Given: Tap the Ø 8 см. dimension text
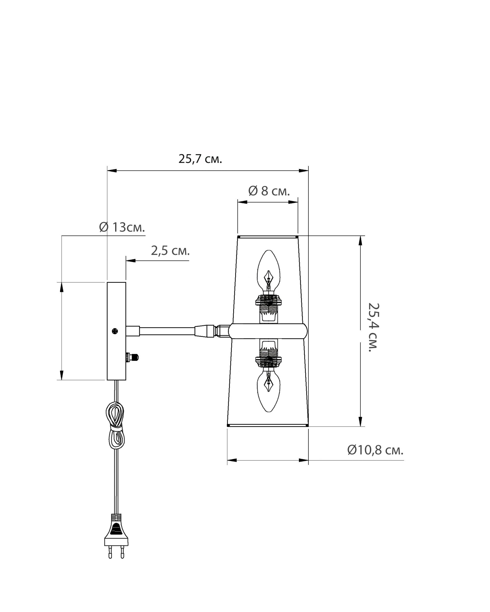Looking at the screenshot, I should coord(269,191).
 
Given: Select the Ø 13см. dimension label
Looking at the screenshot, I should coord(122,227).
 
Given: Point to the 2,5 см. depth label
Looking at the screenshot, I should coord(170,251).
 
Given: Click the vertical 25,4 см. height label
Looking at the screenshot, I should coord(373,327).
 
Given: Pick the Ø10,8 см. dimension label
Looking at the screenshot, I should coord(375,450).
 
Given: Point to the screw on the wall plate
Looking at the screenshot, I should coord(115,331).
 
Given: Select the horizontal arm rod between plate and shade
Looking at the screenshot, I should coord(167,331).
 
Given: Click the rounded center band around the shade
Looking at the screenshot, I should coord(268,331).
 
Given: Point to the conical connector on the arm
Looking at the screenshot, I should coord(205,331).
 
